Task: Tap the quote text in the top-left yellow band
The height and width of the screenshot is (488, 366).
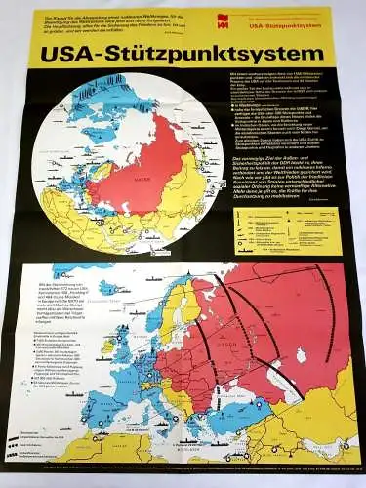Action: (107, 21)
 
